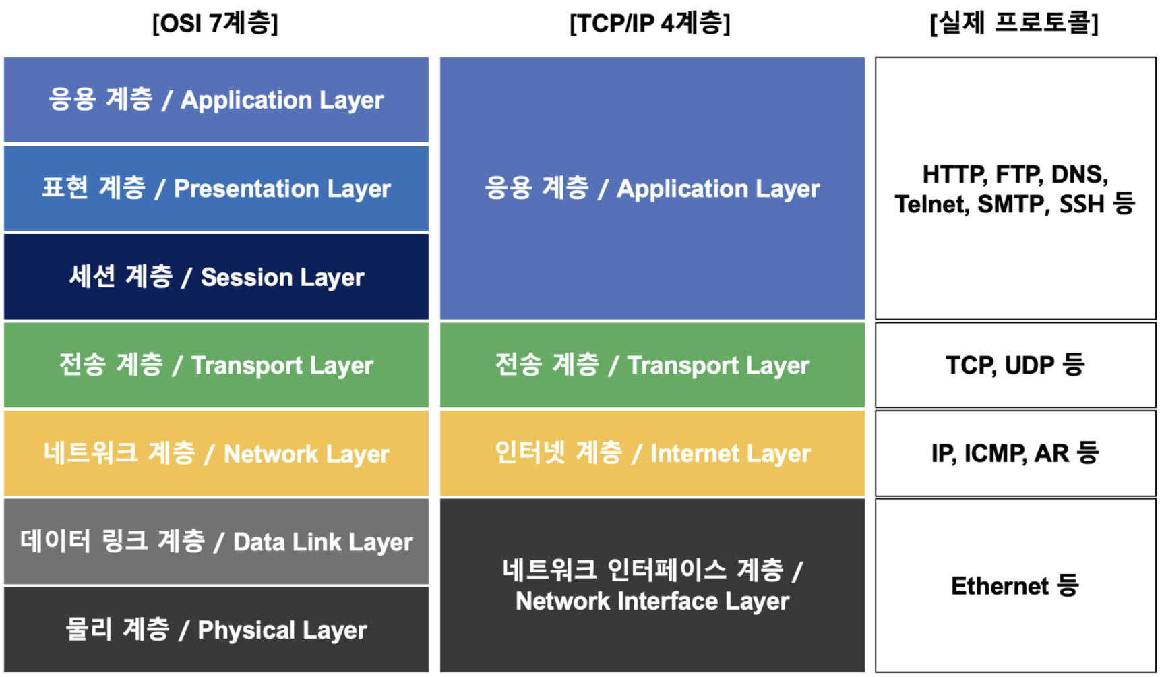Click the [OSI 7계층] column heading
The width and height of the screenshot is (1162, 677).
(215, 24)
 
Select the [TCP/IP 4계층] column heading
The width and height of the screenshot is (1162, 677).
(650, 24)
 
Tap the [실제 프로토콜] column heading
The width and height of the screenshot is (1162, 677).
(1014, 24)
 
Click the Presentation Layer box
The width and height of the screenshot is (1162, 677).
(216, 188)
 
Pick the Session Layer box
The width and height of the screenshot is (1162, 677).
(216, 276)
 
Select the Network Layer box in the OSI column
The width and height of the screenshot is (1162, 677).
(216, 453)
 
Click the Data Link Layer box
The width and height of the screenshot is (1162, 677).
(216, 541)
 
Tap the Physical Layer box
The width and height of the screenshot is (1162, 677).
(216, 629)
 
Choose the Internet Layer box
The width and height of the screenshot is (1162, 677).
(652, 453)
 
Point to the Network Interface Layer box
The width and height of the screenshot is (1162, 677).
(652, 585)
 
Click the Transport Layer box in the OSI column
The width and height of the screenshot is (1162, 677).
(216, 365)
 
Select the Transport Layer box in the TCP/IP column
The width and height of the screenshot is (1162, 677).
(652, 365)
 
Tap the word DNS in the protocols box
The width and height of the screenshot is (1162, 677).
(1079, 175)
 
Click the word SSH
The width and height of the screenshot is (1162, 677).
(1081, 204)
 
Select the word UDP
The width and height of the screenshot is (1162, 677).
(1029, 365)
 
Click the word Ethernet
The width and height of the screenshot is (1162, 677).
(1000, 586)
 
